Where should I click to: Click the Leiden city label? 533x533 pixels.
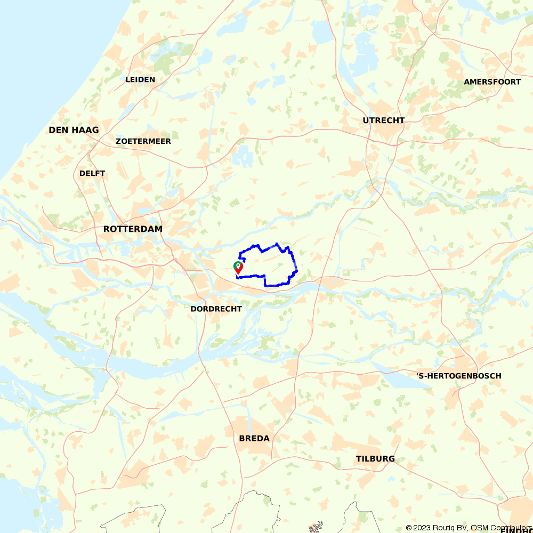tap(140, 80)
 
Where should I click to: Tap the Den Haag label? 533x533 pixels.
tap(74, 130)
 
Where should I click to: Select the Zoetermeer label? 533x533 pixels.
tap(143, 141)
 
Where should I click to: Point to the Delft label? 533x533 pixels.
tap(92, 173)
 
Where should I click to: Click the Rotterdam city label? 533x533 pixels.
tap(133, 229)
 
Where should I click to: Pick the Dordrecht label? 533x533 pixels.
tap(216, 309)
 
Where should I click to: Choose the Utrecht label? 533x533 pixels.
tap(383, 120)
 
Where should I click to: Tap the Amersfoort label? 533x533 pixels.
tap(492, 82)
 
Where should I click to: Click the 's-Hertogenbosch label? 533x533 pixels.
tap(458, 376)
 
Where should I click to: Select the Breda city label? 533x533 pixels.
tap(254, 439)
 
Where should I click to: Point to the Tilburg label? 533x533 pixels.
tap(375, 459)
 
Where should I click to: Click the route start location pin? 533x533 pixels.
tap(238, 268)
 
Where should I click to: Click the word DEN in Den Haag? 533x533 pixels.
tap(58, 130)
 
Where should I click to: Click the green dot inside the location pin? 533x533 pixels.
tap(238, 265)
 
